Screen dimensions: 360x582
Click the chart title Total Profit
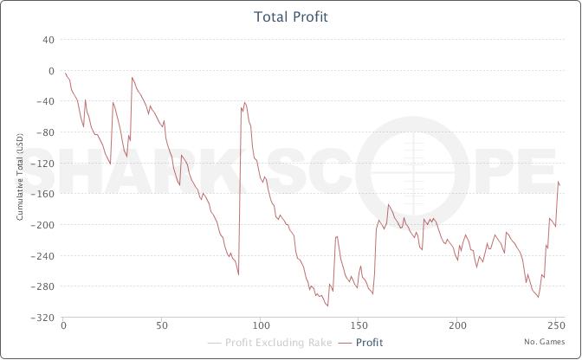291,16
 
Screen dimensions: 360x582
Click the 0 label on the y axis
52,71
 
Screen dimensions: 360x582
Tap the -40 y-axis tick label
47,101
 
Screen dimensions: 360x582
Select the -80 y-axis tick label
47,132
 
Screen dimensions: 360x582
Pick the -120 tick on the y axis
45,164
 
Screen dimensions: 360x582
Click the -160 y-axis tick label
45,194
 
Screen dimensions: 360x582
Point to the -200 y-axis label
45,225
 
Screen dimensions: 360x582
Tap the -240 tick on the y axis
45,256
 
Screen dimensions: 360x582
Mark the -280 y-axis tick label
45,286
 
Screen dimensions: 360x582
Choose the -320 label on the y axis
45,318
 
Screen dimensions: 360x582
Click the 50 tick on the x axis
161,326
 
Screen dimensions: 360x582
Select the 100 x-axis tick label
260,326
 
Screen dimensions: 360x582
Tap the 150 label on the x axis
358,326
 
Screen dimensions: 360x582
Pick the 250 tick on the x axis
554,326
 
